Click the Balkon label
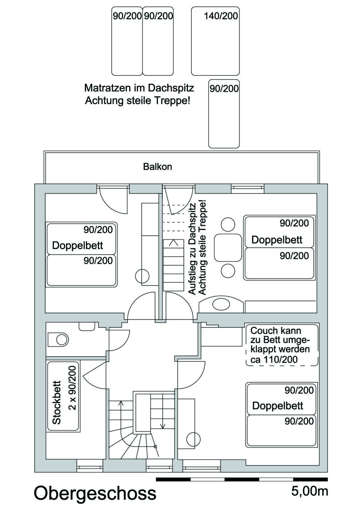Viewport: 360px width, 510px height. tap(158, 167)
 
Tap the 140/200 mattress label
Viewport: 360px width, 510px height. tap(221, 16)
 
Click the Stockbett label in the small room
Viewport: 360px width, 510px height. tap(57, 403)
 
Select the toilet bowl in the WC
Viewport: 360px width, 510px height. tap(58, 340)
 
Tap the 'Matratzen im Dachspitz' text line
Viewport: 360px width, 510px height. tap(139, 88)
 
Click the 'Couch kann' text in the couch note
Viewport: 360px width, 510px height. tap(276, 330)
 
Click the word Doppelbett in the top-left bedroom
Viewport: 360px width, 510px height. tap(78, 245)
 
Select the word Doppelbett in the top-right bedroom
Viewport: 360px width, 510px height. tap(277, 240)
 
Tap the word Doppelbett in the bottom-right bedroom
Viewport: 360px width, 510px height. tap(278, 405)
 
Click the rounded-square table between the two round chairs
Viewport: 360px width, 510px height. tap(228, 248)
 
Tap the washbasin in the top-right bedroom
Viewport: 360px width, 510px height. tap(221, 304)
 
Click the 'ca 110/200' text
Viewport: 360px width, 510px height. tap(274, 359)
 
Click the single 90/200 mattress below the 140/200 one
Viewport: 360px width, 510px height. tap(224, 114)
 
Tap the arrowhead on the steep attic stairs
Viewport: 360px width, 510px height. tap(173, 243)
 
